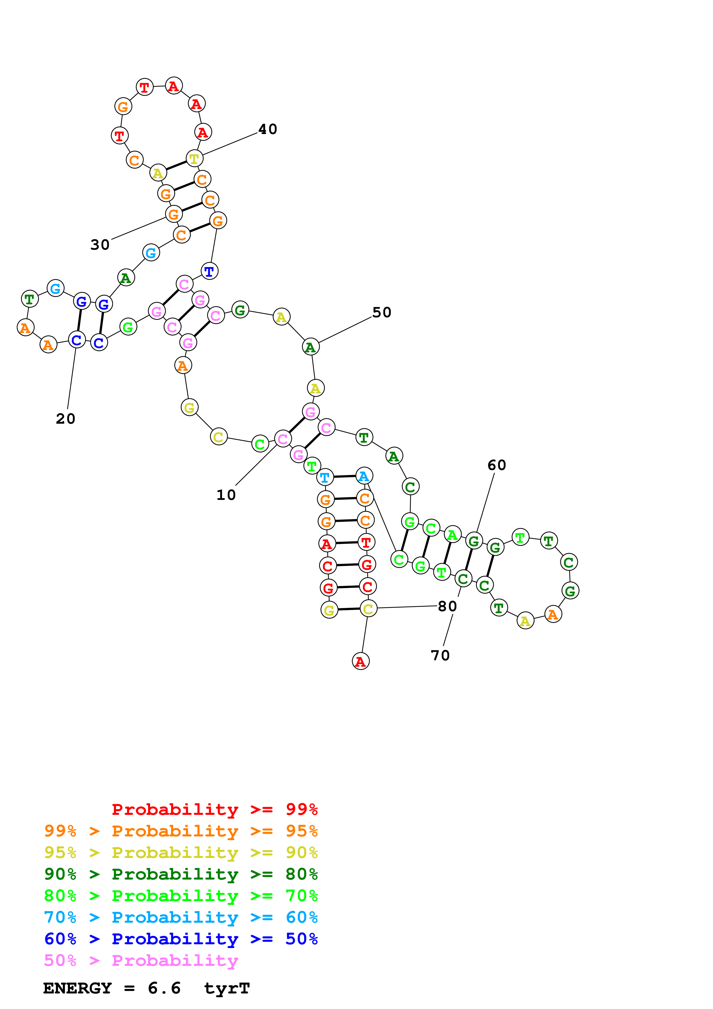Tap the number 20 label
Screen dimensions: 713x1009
click(66, 419)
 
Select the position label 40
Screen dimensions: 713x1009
click(267, 129)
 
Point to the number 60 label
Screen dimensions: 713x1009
click(497, 465)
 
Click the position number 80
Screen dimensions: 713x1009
click(447, 606)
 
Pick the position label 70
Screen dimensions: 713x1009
click(440, 655)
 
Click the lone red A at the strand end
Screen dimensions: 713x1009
click(361, 661)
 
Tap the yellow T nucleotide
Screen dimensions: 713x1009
click(194, 159)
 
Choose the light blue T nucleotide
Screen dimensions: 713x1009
click(325, 477)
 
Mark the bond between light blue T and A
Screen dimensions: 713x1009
click(344, 476)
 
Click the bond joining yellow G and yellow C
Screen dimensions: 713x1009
click(349, 609)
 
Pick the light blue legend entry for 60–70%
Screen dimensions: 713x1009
click(181, 918)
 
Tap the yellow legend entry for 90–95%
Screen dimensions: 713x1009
click(181, 853)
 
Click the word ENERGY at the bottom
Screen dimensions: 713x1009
click(77, 988)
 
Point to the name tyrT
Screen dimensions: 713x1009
click(227, 988)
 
